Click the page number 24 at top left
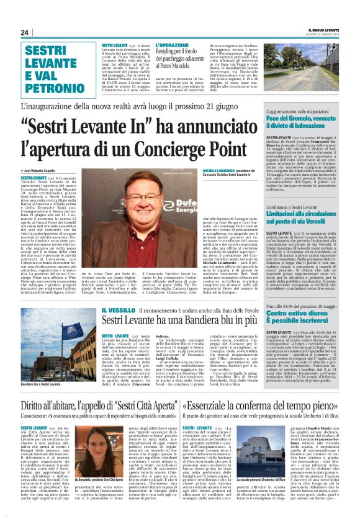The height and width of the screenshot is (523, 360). pyautogui.click(x=24, y=32)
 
